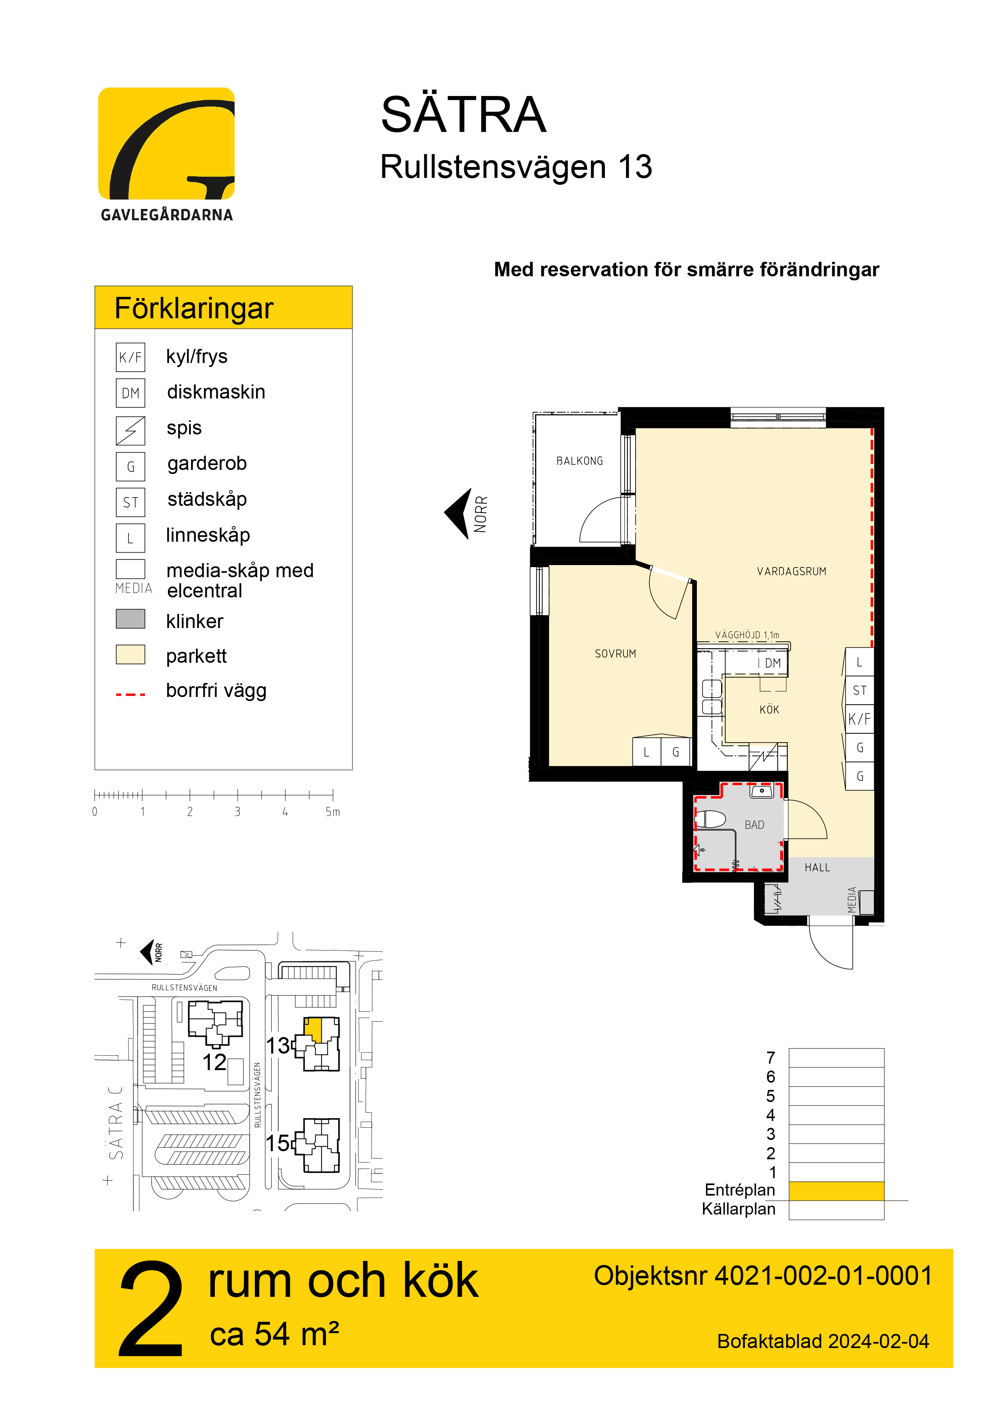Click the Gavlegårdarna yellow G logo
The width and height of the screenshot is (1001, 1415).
point(166,144)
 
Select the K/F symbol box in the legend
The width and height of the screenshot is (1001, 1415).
point(130,357)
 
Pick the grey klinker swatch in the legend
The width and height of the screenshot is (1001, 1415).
point(130,619)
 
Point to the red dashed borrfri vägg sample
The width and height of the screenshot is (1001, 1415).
point(130,695)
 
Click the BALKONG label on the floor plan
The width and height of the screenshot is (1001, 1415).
point(579,461)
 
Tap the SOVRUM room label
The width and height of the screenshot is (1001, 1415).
point(615,654)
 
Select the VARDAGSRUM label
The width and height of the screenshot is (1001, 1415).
point(791,571)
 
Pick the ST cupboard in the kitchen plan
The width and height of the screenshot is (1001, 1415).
point(859,690)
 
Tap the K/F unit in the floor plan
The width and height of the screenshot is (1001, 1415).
point(859,719)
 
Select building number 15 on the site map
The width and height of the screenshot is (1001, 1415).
point(277,1143)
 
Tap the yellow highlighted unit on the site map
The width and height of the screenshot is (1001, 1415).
point(313,1029)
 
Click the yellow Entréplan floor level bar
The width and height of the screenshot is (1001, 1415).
point(836,1191)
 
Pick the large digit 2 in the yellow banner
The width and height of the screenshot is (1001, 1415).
point(152,1308)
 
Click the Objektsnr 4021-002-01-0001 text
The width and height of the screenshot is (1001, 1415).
point(763,1276)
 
